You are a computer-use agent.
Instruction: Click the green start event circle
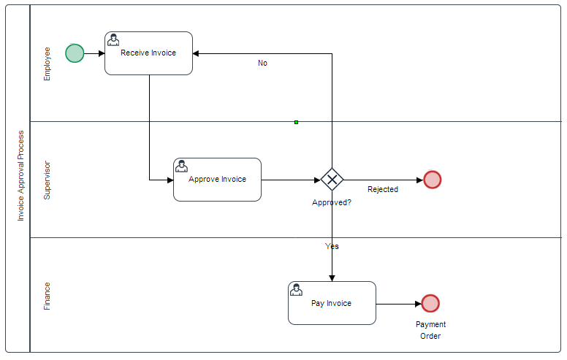click(x=75, y=53)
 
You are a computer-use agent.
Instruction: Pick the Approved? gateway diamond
click(x=332, y=180)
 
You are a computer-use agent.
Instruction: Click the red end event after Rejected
click(x=433, y=180)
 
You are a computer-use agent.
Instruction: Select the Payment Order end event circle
click(x=430, y=304)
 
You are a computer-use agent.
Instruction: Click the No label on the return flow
click(x=262, y=64)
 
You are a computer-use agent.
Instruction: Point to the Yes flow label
click(x=332, y=247)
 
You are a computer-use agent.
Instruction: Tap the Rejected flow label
click(x=383, y=190)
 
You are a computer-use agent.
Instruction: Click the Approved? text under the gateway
click(x=332, y=203)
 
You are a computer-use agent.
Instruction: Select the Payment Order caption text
click(x=430, y=330)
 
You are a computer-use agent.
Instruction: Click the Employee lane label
click(x=47, y=64)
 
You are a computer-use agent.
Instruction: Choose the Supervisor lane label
click(x=47, y=180)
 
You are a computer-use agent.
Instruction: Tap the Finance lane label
click(x=47, y=296)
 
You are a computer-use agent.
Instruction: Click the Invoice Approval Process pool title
click(x=21, y=176)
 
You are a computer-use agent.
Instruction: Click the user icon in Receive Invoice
click(x=113, y=39)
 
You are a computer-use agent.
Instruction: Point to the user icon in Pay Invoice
click(x=296, y=290)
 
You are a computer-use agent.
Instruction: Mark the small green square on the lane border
click(x=296, y=122)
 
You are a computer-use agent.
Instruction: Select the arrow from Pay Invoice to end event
click(x=398, y=304)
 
